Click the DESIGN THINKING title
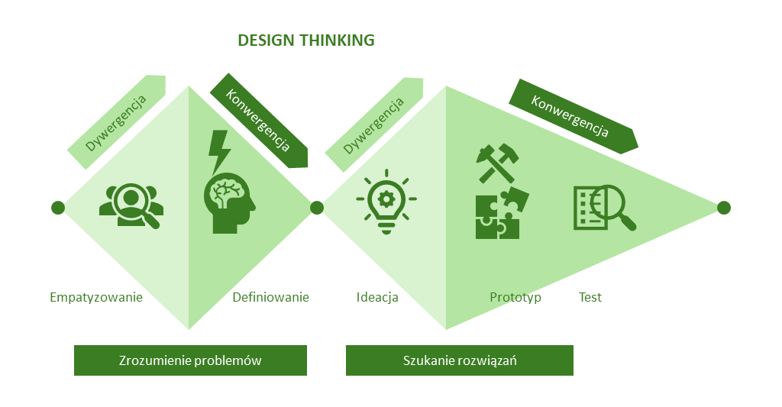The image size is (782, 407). pos(305,40)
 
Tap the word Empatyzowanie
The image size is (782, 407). pos(96,297)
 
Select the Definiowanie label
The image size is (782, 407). pos(271,297)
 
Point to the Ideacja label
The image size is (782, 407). pos(377,297)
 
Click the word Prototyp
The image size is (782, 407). pos(515,297)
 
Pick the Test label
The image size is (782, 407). pos(590,297)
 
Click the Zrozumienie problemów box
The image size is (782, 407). pos(190,360)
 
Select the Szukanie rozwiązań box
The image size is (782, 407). pos(459,360)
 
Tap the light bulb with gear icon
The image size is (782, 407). pos(386,202)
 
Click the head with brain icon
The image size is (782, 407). pos(228,203)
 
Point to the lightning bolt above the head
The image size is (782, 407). pos(219,150)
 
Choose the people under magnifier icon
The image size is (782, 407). pos(131,205)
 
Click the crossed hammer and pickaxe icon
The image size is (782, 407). pos(497,163)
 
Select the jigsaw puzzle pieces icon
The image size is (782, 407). pos(502,213)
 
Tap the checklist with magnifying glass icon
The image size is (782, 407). pos(604,208)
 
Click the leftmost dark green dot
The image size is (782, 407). pos(58,208)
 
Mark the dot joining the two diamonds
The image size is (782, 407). pos(317,208)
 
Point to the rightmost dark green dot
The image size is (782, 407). pos(724,208)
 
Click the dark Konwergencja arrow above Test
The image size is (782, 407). pos(573,117)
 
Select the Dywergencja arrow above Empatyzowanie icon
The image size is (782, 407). pos(117,122)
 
